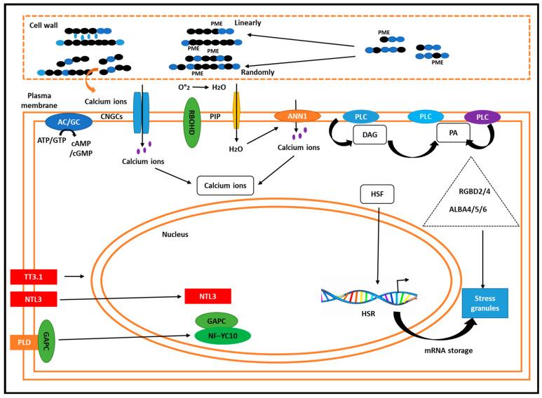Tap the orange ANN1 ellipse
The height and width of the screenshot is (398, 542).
click(297, 114)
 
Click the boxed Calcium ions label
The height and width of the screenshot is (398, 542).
click(225, 185)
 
